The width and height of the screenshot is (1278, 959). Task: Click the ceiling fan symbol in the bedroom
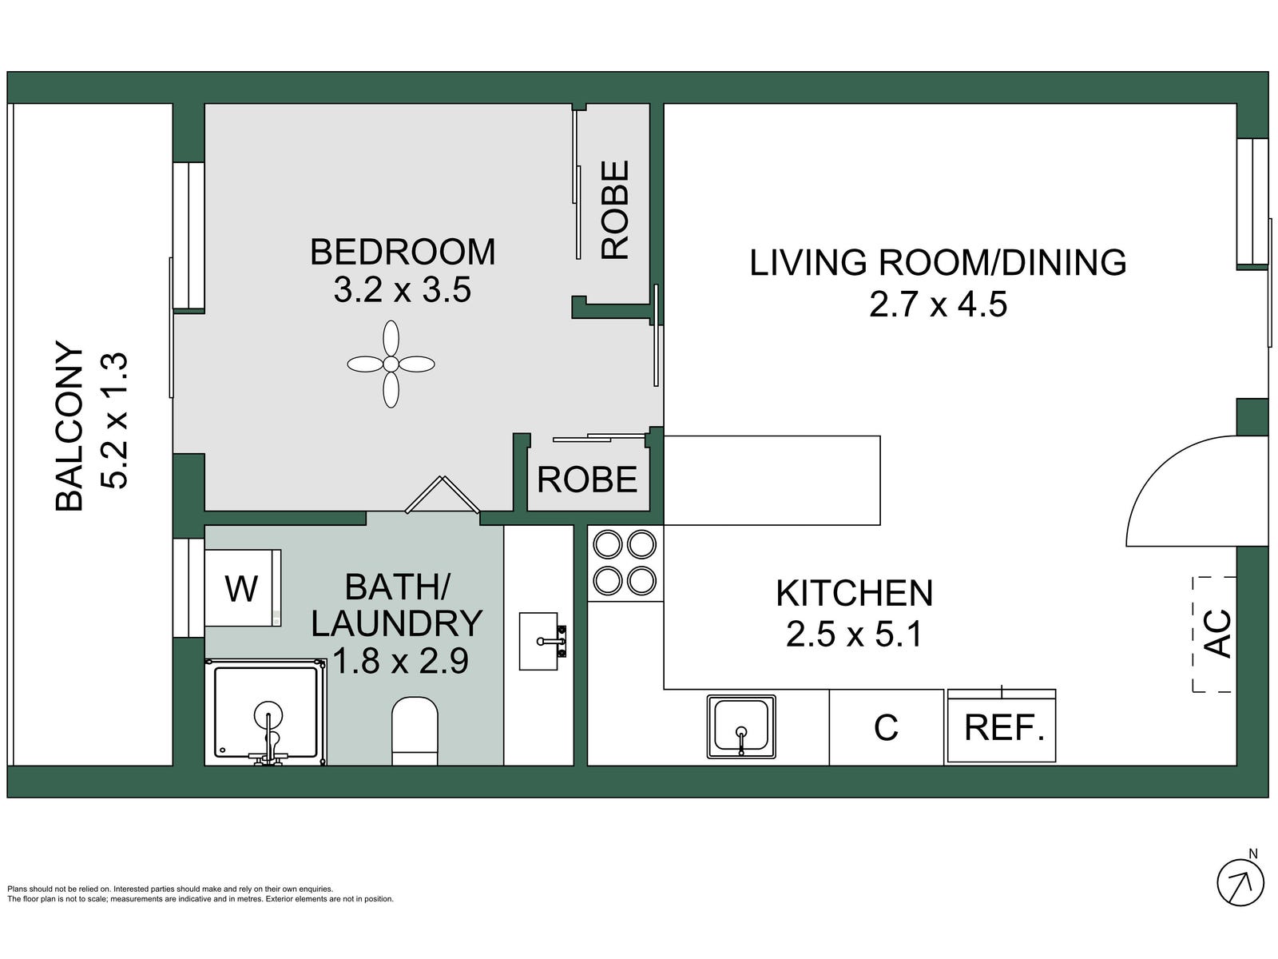[x=391, y=364]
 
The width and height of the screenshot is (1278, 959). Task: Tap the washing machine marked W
[x=242, y=588]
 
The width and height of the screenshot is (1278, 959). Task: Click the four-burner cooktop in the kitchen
[x=625, y=563]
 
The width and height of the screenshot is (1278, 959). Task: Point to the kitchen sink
[x=741, y=726]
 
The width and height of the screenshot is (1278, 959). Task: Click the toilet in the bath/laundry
[x=415, y=731]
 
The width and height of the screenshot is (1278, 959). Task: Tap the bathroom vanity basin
[x=542, y=641]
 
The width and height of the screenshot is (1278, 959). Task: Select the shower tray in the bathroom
[x=265, y=711]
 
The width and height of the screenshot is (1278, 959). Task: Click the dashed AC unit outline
[x=1214, y=634]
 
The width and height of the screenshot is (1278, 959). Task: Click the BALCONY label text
[x=69, y=426]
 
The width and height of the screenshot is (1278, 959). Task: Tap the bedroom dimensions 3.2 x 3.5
[x=402, y=290]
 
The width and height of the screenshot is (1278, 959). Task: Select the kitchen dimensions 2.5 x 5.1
[x=854, y=634]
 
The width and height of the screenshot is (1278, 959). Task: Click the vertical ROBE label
[x=615, y=209]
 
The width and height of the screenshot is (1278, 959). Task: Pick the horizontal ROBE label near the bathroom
[x=587, y=479]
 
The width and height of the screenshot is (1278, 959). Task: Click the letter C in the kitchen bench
[x=886, y=728]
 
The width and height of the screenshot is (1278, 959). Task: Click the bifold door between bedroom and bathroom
[x=443, y=495]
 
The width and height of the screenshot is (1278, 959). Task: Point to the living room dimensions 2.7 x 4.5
[x=938, y=304]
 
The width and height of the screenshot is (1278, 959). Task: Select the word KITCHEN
[x=854, y=593]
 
